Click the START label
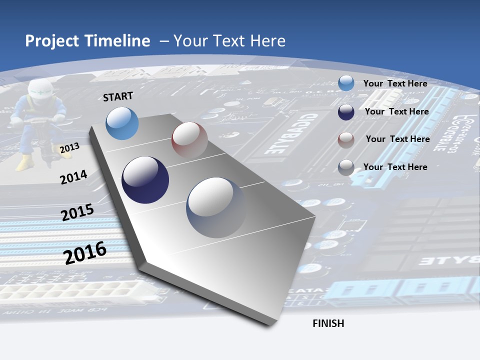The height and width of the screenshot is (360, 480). [118, 96]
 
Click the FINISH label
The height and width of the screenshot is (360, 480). [328, 323]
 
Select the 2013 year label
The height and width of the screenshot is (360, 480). [69, 148]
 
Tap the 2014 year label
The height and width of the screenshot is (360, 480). [73, 177]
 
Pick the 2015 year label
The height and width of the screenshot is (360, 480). [77, 212]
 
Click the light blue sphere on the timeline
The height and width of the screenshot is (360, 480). [122, 123]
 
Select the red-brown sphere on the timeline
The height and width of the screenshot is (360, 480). [189, 140]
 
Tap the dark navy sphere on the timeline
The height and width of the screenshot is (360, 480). [145, 180]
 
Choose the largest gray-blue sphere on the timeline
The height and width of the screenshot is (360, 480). [216, 207]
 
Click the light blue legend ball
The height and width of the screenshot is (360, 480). [346, 83]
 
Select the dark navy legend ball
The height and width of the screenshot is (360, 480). [346, 112]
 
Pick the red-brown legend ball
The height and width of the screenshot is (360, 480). [346, 140]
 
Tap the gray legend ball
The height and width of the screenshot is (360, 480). [346, 167]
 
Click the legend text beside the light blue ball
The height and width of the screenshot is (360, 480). [395, 83]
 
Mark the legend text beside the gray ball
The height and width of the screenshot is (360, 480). [395, 167]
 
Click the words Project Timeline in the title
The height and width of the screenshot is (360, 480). [87, 41]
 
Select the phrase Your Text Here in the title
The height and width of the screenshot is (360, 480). [229, 41]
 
